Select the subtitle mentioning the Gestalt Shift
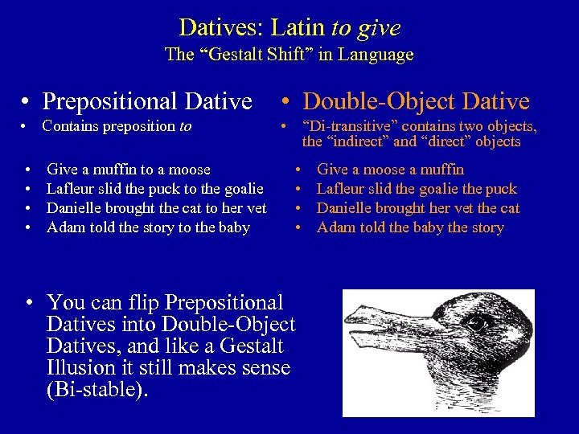289,55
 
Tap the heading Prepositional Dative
146,101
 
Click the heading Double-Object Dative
416,101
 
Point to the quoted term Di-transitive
347,126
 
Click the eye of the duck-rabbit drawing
478,324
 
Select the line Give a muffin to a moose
129,170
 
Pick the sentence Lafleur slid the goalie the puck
417,189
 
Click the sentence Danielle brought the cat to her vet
157,208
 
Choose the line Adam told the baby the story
410,227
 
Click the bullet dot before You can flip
28,304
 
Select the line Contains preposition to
117,126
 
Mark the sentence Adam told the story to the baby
148,227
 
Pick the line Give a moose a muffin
390,170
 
